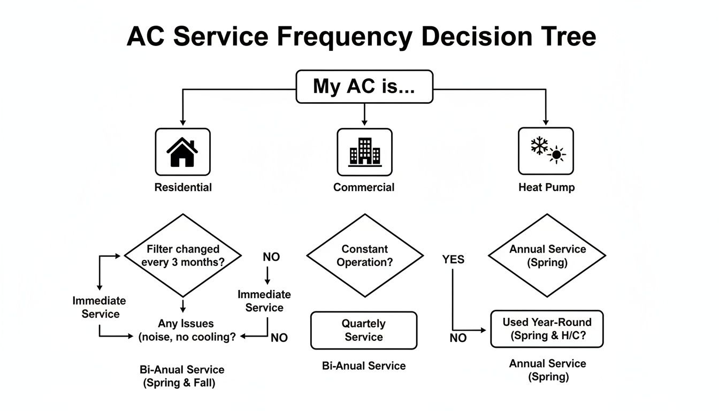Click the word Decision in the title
point(477,37)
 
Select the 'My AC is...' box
point(364,86)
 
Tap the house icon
point(182,152)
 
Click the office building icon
point(364,152)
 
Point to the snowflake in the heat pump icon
point(539,146)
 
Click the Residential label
point(183,187)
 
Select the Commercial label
point(364,187)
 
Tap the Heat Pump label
point(546,187)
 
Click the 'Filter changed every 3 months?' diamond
point(183,255)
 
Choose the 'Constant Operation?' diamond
point(364,255)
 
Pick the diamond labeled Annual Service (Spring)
point(547,255)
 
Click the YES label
point(453,260)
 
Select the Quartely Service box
point(364,330)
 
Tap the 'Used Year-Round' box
point(547,329)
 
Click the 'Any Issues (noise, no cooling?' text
point(186,330)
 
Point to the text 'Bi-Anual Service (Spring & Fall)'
point(182,376)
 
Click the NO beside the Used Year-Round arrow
point(458,338)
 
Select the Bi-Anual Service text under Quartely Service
point(364,366)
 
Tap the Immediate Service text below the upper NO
point(264,301)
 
